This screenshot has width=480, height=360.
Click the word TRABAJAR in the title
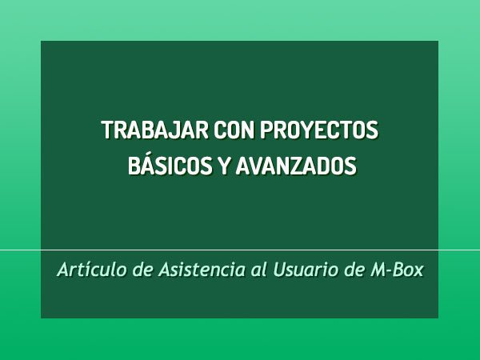155,130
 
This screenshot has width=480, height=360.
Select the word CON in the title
234,130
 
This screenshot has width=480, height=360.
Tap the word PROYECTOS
319,130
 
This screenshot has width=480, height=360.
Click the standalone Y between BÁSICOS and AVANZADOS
223,166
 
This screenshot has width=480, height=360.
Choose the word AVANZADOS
296,166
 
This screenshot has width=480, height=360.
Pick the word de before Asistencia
142,270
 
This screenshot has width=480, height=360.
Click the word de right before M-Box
354,270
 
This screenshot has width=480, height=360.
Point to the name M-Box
397,270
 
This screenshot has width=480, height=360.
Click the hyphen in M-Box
391,271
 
